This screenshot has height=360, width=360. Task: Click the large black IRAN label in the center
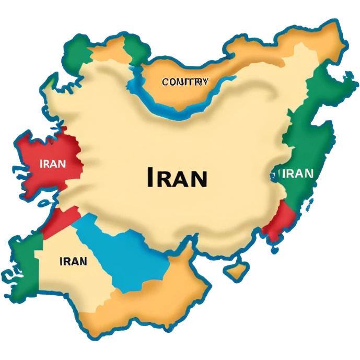tap(177, 178)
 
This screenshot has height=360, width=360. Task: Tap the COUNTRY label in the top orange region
tap(185, 82)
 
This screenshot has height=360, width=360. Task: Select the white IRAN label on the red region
tap(53, 164)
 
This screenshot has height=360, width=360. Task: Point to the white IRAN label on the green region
tap(297, 173)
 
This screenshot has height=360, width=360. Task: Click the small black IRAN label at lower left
tap(73, 261)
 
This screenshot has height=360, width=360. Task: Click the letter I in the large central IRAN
tap(149, 178)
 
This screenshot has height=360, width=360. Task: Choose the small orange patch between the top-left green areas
tap(107, 50)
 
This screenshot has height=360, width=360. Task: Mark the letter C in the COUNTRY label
tap(165, 82)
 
